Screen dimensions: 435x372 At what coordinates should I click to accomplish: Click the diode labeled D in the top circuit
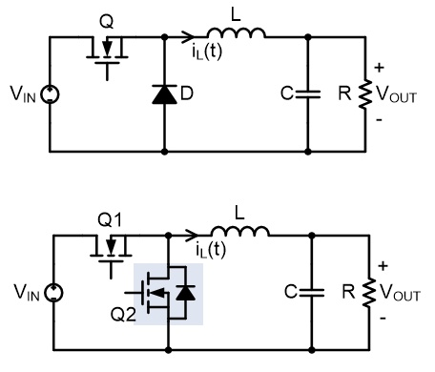164,94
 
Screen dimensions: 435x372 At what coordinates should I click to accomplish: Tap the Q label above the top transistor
106,22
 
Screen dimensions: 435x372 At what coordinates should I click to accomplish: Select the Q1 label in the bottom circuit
110,219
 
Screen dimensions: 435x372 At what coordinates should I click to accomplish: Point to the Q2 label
123,315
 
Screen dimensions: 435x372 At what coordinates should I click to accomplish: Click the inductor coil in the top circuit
237,33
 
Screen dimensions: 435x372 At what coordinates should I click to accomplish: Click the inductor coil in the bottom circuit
240,231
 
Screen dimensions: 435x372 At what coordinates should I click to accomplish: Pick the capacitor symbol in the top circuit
308,94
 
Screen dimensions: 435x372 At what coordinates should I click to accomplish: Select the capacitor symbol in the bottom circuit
312,292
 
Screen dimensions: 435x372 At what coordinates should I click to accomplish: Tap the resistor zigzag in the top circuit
365,94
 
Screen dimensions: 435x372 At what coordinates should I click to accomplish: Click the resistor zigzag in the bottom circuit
369,293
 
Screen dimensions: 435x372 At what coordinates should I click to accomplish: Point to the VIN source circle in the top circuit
51,94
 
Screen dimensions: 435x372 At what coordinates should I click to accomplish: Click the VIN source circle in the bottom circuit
53,293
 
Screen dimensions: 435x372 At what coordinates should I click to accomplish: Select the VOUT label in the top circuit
396,94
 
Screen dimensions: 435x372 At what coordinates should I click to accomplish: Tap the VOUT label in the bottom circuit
400,293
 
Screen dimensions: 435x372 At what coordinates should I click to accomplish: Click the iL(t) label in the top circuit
206,52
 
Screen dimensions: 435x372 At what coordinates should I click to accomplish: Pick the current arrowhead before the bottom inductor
192,236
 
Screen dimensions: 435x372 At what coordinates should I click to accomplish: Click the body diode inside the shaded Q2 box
185,293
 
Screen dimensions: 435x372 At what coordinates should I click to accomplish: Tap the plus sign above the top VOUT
379,68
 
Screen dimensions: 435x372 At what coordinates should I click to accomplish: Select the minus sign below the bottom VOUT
383,318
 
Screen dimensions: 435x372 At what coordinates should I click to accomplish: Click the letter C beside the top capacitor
287,93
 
